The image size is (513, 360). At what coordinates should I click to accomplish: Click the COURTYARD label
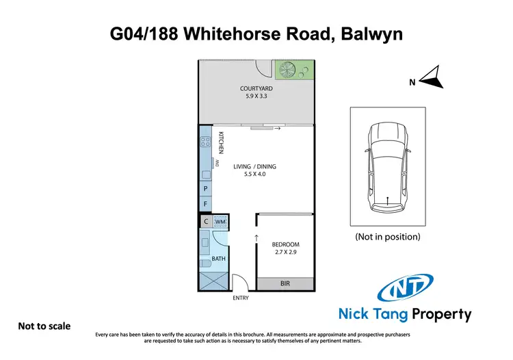256,88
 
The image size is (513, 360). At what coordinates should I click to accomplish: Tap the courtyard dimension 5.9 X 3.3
256,97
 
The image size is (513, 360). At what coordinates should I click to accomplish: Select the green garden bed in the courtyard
294,70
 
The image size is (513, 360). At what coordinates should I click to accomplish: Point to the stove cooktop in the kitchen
205,143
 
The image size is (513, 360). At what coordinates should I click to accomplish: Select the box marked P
205,189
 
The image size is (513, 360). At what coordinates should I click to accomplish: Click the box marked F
205,204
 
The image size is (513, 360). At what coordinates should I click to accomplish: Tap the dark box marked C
205,221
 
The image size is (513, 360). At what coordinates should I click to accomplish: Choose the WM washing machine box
220,222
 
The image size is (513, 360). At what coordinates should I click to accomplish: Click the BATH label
218,259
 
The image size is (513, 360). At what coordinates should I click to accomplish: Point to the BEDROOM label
285,244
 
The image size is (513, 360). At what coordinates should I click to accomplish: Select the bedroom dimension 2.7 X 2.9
285,253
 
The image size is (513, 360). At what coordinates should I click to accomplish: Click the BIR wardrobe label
285,283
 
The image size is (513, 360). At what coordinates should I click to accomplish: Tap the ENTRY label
240,298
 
